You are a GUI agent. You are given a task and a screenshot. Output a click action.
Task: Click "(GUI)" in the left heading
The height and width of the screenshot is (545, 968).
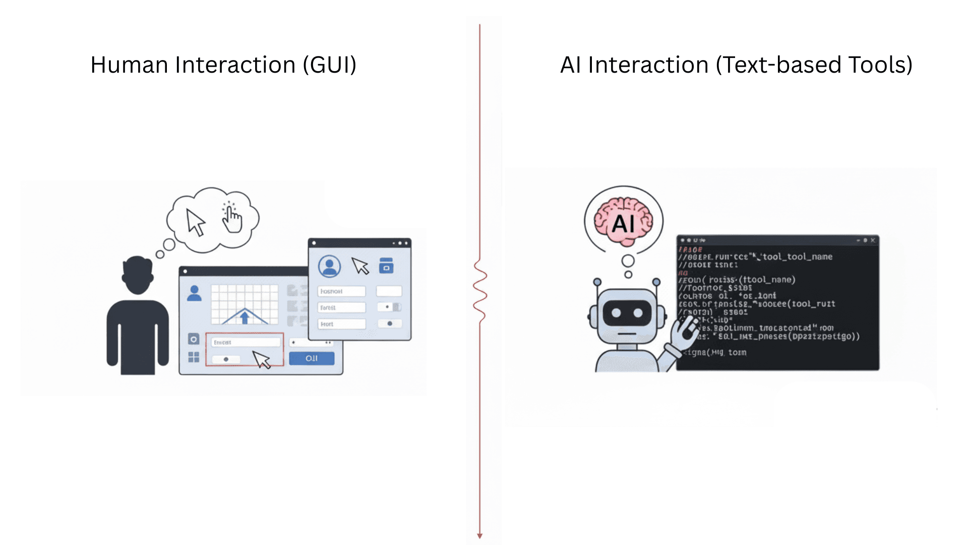tap(330, 65)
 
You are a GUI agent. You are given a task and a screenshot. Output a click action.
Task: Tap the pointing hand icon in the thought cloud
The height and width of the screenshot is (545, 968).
tap(232, 218)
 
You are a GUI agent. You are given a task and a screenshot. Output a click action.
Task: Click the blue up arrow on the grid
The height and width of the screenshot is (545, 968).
tap(245, 317)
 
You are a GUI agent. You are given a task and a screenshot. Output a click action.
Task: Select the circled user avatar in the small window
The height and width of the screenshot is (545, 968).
tap(329, 266)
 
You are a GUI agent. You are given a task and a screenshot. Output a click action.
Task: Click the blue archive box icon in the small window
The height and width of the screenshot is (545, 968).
tap(386, 265)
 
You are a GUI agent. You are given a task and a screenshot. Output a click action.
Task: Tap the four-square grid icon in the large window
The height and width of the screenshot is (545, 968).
tap(194, 357)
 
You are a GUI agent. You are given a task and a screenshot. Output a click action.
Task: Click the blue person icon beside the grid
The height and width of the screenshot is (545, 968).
tap(194, 293)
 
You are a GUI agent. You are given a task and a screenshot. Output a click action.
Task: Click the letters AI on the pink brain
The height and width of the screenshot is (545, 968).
tap(623, 224)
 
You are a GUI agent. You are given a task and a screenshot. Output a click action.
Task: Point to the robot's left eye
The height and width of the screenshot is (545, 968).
tap(616, 313)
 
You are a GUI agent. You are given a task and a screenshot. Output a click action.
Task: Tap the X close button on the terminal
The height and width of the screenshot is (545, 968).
tap(873, 241)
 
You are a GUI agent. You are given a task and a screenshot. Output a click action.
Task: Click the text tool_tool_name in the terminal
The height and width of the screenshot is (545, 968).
tap(797, 257)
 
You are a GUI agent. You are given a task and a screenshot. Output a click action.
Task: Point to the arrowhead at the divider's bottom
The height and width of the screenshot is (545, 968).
tap(480, 536)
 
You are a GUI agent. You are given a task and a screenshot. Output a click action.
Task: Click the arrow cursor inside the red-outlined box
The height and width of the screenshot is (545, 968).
tap(262, 360)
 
